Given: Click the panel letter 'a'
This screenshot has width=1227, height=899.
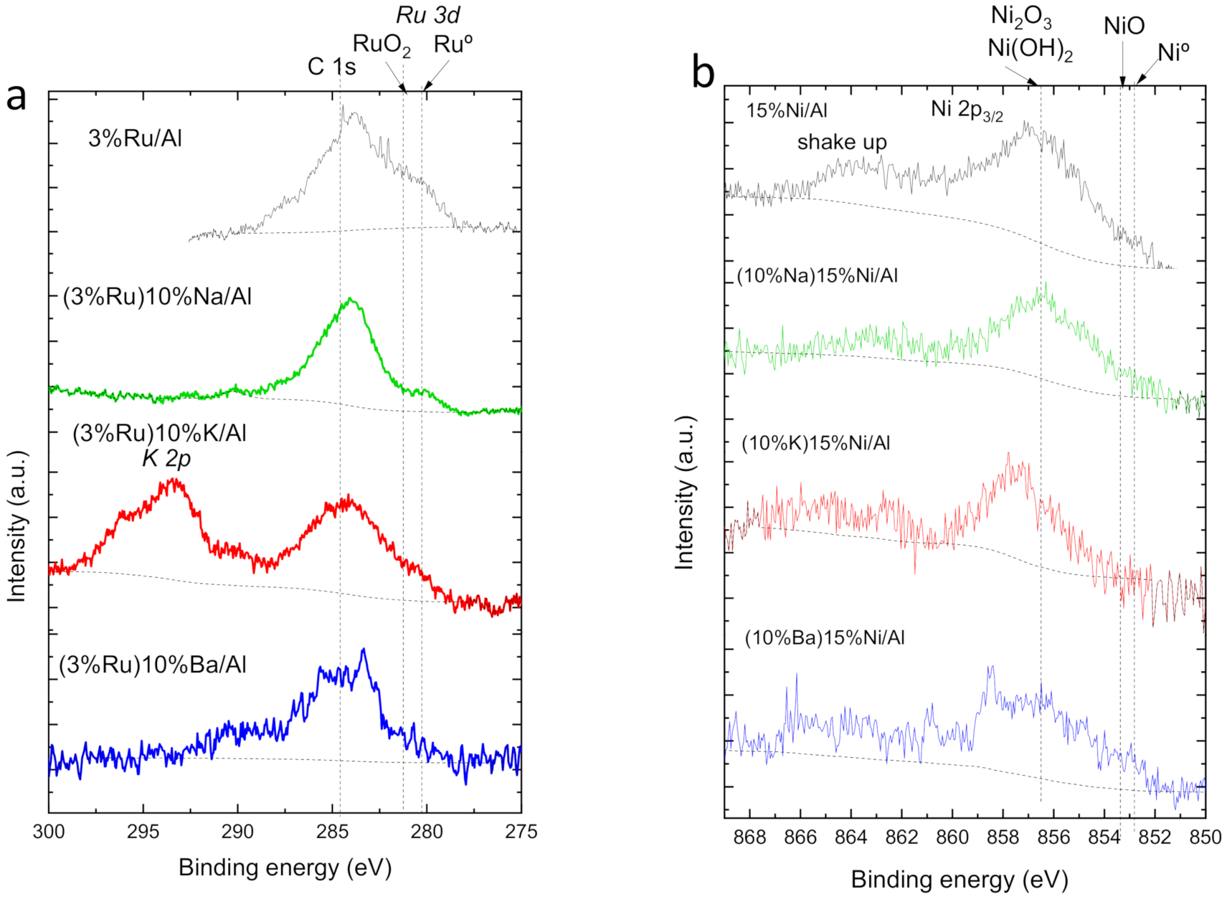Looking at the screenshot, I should (x=16, y=99).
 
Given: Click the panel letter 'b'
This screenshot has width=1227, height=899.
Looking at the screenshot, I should (x=703, y=72).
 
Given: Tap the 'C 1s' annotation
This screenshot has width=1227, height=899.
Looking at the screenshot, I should (x=331, y=66).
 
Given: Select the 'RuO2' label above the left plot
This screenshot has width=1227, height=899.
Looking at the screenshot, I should (x=381, y=44).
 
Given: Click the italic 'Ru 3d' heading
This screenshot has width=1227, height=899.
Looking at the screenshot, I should (x=428, y=15).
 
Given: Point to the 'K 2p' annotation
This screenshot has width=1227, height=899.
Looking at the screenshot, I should (x=166, y=458).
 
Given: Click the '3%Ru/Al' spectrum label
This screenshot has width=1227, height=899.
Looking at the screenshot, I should (x=135, y=138).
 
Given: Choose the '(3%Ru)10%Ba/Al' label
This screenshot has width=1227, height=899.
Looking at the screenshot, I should (x=153, y=665).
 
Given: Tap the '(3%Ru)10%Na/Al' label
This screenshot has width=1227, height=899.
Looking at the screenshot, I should (x=157, y=296).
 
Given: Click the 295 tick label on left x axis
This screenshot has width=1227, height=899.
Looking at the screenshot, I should (x=143, y=831).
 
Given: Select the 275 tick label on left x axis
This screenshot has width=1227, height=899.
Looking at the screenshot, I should (x=521, y=831).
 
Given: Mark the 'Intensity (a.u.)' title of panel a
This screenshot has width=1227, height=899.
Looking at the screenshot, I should (x=16, y=526).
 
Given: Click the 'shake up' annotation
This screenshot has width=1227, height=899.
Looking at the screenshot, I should (x=841, y=142).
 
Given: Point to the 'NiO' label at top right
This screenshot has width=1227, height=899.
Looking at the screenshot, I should (x=1124, y=26).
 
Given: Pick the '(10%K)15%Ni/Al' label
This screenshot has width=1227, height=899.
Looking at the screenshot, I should (x=815, y=443).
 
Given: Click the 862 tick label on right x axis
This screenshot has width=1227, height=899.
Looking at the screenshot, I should (x=902, y=837).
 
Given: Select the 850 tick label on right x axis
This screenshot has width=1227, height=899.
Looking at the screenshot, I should (x=1205, y=837).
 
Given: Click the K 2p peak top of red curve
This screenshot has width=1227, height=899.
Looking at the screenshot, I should (x=174, y=480).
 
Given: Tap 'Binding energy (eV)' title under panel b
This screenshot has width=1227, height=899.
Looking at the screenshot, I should (x=959, y=879).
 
